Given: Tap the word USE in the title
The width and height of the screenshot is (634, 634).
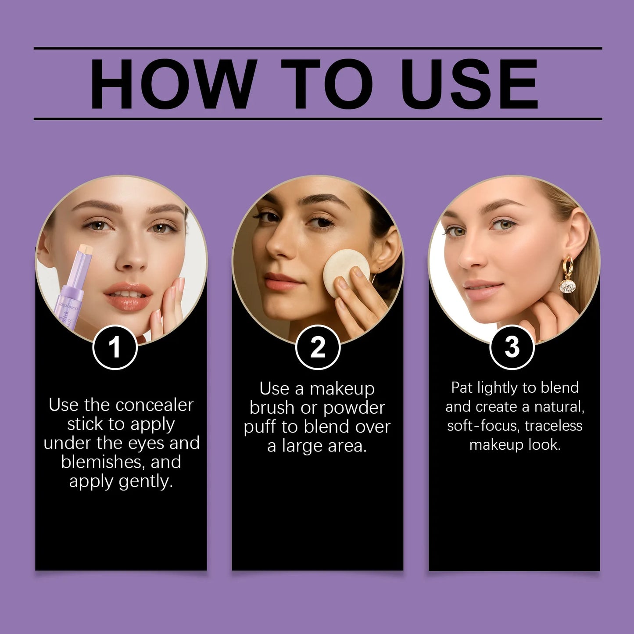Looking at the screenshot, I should (469, 84).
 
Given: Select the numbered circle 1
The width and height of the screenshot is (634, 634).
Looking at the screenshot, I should (115, 347).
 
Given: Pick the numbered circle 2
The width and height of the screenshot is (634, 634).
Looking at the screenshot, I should (318, 347).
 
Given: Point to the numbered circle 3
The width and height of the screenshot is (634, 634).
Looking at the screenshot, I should (512, 347).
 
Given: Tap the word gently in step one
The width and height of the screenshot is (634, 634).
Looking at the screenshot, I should (146, 481).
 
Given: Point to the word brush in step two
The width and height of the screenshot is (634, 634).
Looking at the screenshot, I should (272, 408).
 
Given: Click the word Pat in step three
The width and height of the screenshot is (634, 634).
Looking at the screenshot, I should (462, 387).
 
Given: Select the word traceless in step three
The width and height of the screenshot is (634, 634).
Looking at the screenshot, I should (553, 426).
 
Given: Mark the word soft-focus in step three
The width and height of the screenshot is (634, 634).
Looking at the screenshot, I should (483, 426).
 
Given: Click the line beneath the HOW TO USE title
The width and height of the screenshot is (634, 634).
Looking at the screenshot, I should (318, 118).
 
